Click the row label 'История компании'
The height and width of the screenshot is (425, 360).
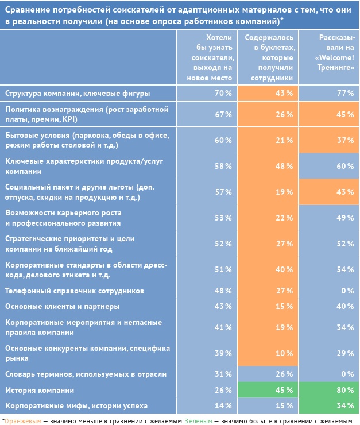(40, 391)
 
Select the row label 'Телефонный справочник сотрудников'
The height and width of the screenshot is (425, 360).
(74, 291)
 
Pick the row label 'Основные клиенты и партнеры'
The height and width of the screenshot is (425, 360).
(62, 306)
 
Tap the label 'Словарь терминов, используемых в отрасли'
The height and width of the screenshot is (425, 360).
(86, 374)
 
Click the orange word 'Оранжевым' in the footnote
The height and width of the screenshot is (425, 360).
(22, 420)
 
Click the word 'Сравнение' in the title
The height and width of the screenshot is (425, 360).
(28, 8)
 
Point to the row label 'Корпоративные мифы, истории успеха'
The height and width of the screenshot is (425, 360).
(76, 405)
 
